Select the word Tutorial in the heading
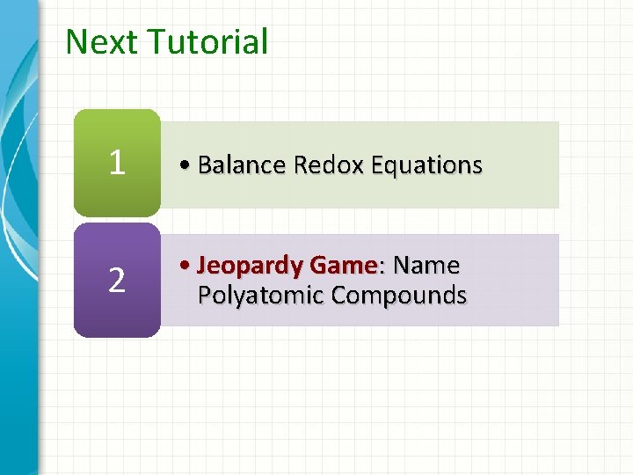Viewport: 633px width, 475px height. [208, 42]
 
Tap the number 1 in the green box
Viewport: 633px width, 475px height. [117, 161]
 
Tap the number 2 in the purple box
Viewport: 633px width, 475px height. [117, 280]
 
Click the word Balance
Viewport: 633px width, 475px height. [243, 165]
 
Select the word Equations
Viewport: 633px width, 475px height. [426, 165]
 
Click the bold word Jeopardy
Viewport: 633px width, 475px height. [248, 266]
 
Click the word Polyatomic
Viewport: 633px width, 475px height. [261, 296]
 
